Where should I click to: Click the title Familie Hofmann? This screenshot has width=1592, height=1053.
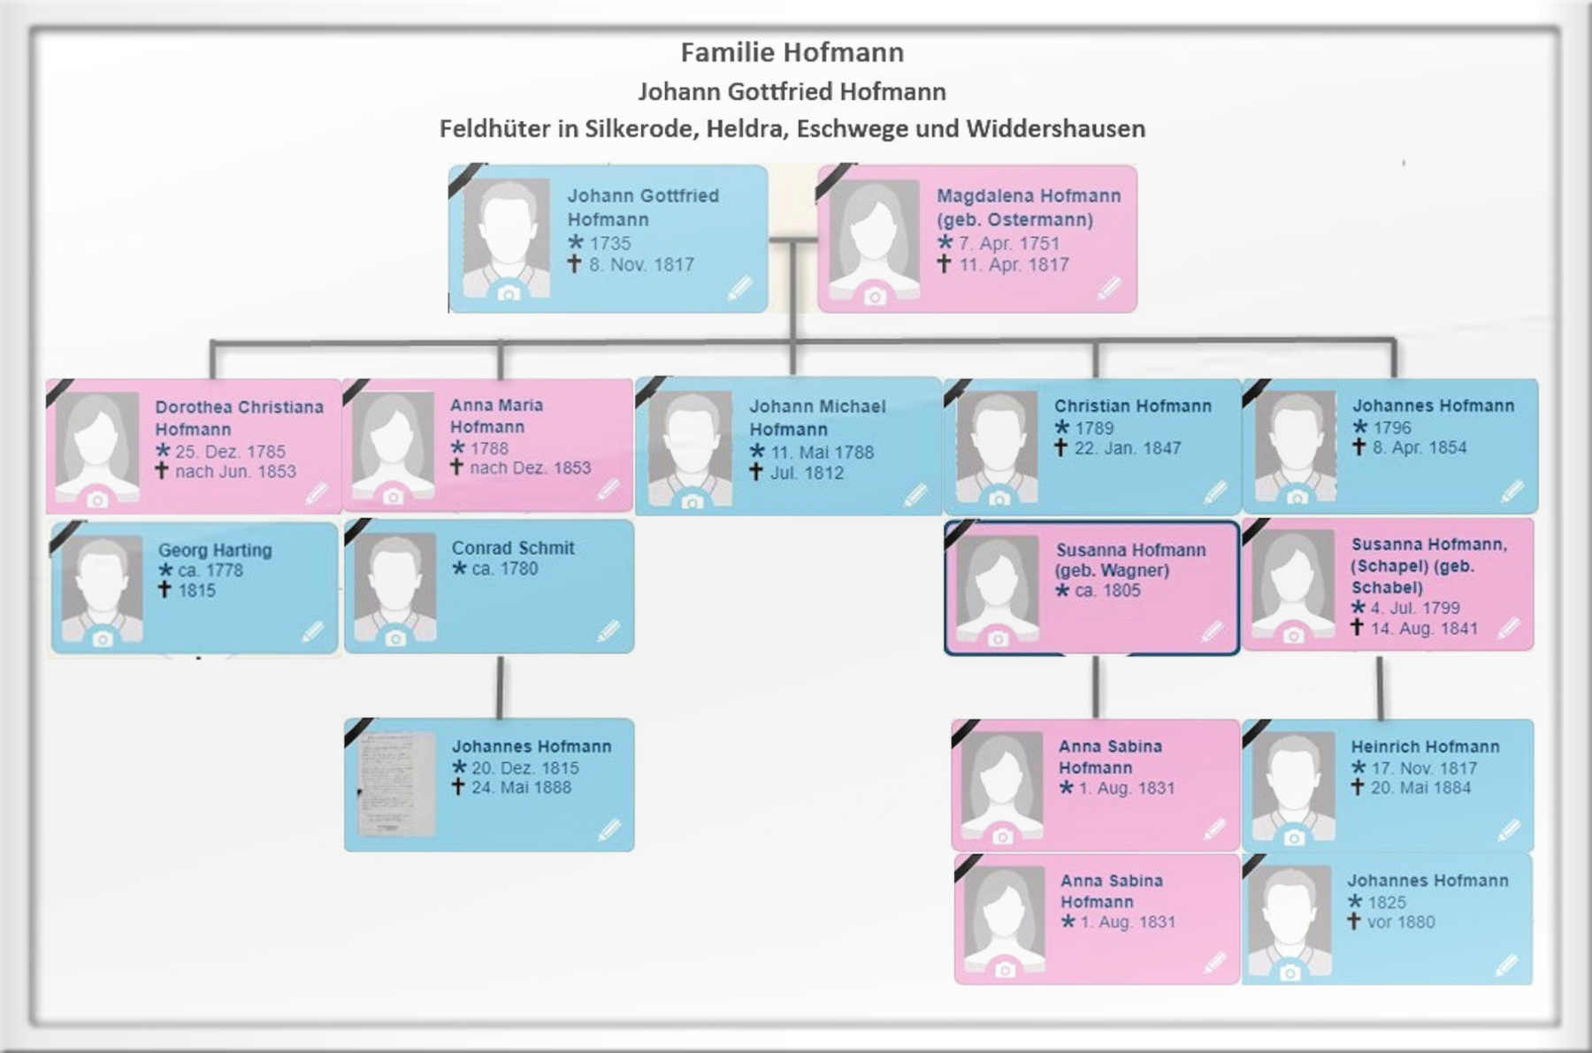(792, 53)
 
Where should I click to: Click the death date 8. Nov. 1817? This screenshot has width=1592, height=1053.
(641, 264)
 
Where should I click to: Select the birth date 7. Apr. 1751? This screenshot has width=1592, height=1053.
(1008, 243)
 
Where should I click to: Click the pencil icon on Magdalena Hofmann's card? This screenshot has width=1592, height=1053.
(1109, 287)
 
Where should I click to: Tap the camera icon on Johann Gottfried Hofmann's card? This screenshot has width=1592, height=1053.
(508, 293)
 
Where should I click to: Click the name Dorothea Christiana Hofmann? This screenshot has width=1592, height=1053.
(239, 417)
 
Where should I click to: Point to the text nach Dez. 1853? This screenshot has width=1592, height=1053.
(530, 468)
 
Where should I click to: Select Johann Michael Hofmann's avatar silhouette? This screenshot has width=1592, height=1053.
(691, 446)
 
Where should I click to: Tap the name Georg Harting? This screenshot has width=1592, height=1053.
(215, 550)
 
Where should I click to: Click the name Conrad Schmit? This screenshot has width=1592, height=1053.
(513, 548)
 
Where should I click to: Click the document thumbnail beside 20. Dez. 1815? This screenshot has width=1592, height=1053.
(396, 782)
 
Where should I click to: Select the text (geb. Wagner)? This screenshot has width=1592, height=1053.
(1112, 570)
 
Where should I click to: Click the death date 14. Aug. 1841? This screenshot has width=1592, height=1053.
(1424, 629)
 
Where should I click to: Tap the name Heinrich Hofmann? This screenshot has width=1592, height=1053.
(1425, 747)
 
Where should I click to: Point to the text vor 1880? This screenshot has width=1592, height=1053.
(1401, 922)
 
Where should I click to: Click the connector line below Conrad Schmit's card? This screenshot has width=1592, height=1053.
(501, 687)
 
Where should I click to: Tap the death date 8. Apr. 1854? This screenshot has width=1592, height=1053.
(1419, 447)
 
